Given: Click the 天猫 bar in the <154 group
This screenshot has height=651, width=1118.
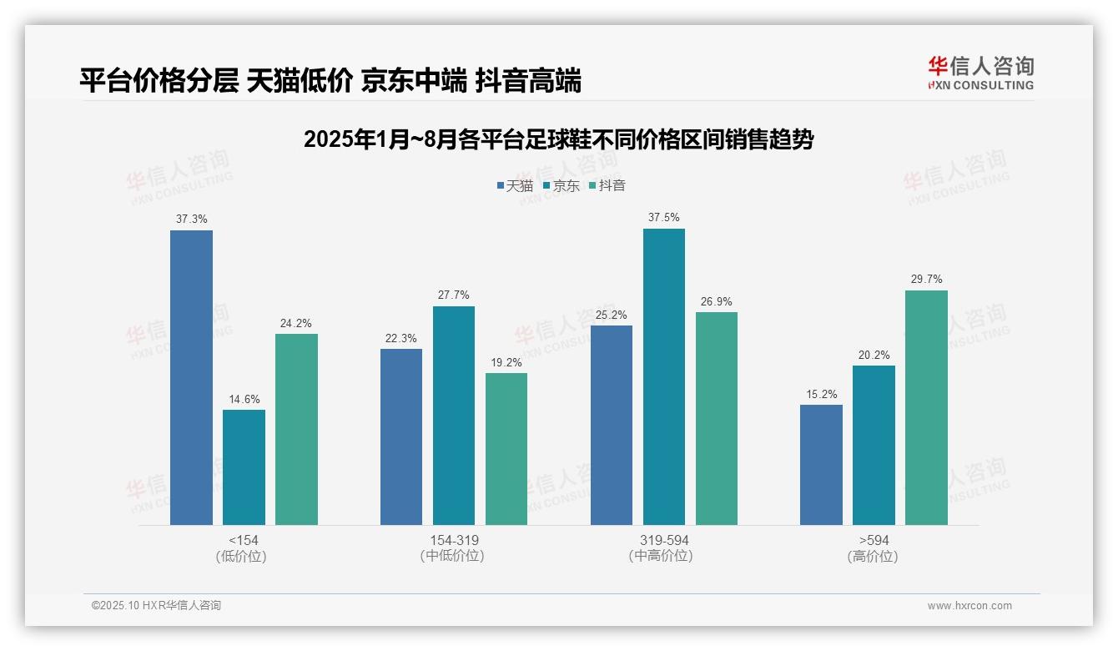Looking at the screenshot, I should click(x=191, y=377).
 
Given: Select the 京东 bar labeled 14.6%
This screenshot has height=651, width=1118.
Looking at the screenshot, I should click(x=244, y=467).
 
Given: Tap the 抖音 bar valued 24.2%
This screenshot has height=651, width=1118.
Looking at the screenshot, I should click(x=296, y=429).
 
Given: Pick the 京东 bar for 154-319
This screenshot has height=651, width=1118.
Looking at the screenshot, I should click(x=453, y=416).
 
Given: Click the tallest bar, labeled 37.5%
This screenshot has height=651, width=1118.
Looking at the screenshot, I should click(x=663, y=376).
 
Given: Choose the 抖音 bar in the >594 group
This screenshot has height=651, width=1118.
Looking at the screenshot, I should click(x=926, y=407).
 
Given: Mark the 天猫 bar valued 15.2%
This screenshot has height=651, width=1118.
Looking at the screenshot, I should click(x=821, y=465).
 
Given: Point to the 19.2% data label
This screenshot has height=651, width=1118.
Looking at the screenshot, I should click(x=506, y=363).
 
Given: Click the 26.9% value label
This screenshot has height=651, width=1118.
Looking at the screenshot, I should click(x=717, y=302).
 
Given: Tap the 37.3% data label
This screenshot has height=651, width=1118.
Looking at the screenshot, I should click(x=191, y=220).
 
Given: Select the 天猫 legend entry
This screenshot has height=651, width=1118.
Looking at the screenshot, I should click(x=515, y=185).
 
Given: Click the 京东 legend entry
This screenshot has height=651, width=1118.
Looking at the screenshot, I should click(x=561, y=185).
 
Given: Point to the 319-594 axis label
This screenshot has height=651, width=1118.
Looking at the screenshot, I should click(x=664, y=540).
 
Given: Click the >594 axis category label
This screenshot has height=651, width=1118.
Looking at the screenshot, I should click(x=874, y=540).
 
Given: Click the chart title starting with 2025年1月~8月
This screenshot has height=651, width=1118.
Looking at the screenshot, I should click(x=558, y=139).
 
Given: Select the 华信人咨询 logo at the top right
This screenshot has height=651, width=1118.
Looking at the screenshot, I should click(x=980, y=72).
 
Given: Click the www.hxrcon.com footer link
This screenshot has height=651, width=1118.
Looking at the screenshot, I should click(x=969, y=606).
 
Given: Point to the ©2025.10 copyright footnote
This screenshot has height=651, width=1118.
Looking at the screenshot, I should click(x=156, y=606).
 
